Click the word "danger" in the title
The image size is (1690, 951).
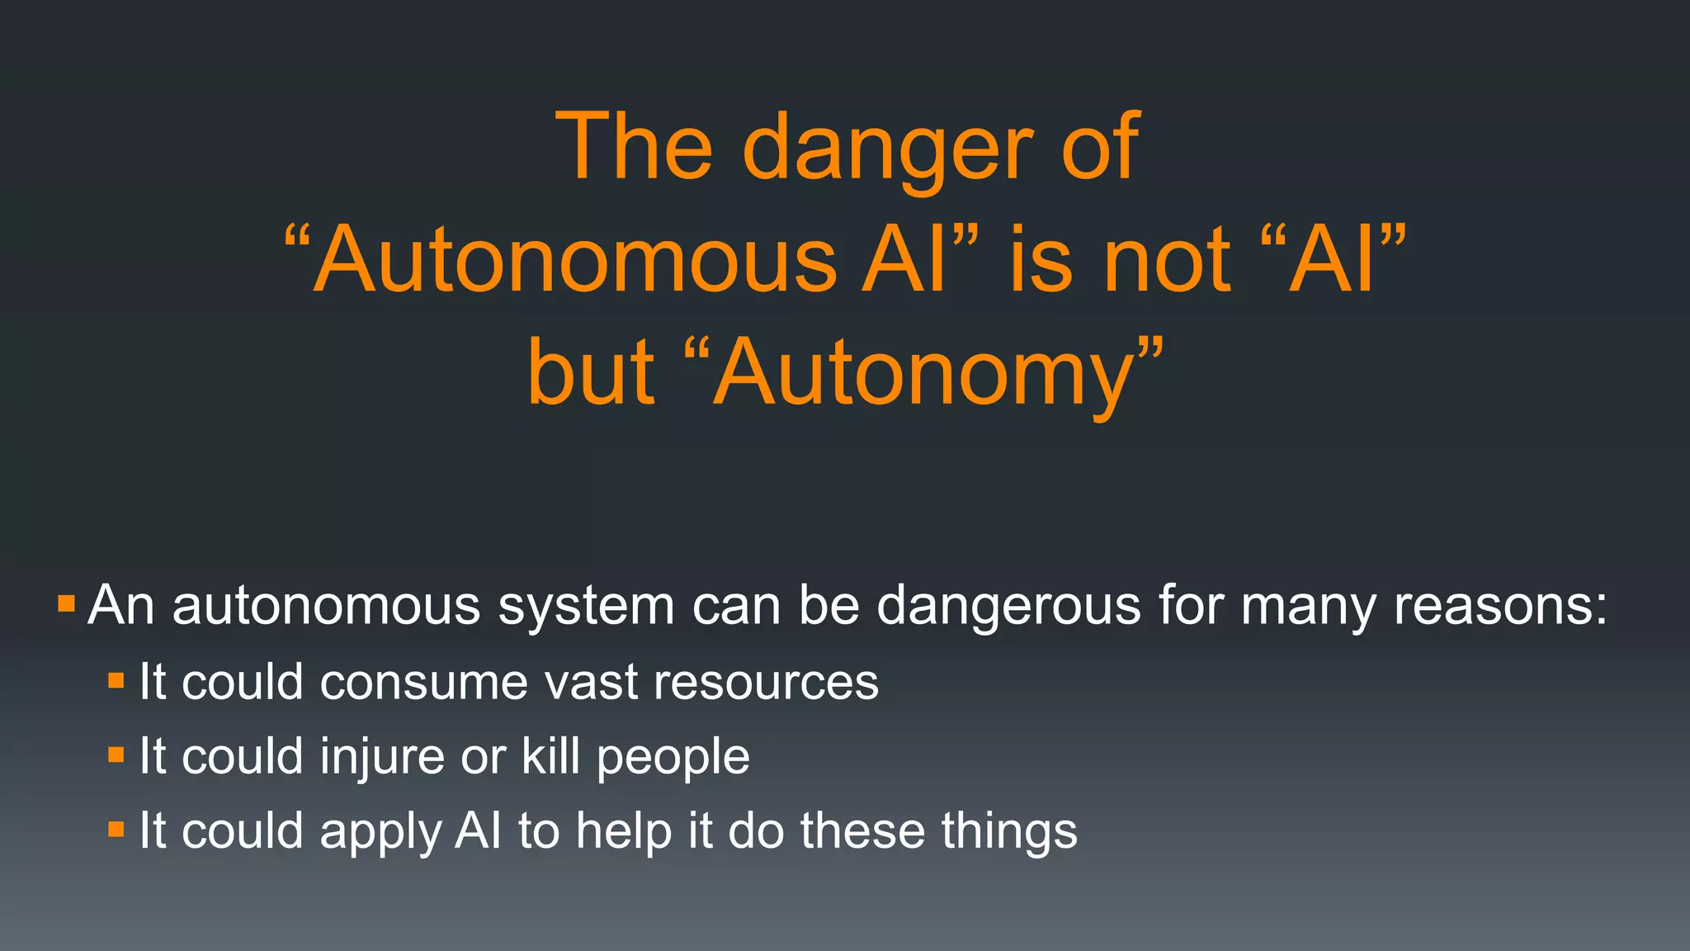(x=886, y=149)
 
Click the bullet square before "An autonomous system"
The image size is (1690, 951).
(x=67, y=604)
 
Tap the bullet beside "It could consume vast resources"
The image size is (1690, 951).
(x=116, y=681)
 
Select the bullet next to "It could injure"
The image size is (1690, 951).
(x=116, y=755)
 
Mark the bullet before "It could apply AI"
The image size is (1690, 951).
(x=116, y=829)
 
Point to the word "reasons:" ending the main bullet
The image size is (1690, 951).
(x=1500, y=606)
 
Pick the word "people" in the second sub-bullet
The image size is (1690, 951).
(x=673, y=758)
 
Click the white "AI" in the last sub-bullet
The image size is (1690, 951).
(x=478, y=830)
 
